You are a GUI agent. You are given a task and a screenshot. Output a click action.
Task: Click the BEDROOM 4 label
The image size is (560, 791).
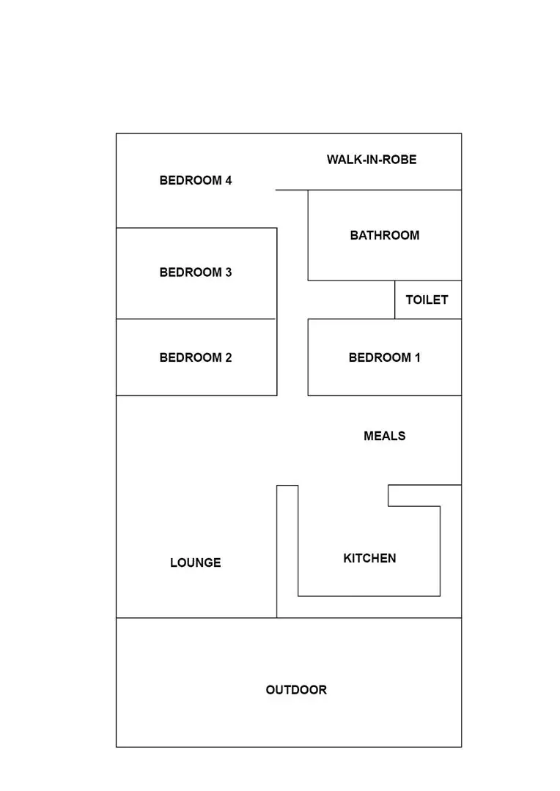196,180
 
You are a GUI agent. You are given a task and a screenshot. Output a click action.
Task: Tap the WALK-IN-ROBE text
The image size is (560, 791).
372,159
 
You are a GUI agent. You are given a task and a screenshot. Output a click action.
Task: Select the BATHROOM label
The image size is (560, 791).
384,235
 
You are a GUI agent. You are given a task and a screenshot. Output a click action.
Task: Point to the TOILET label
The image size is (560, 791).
427,300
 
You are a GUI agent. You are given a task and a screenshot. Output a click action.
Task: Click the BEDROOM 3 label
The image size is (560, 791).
196,272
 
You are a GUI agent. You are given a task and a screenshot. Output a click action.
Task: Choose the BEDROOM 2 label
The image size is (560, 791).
196,357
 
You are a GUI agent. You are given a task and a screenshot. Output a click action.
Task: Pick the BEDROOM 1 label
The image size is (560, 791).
384,357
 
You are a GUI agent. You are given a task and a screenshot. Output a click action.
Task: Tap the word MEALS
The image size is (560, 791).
384,436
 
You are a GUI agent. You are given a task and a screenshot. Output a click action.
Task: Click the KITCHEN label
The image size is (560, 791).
369,558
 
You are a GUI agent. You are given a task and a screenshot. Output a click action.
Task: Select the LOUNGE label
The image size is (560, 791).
195,562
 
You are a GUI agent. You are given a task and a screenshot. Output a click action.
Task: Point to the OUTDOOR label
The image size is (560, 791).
296,690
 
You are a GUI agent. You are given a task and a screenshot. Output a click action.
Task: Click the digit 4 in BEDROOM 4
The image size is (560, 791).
228,180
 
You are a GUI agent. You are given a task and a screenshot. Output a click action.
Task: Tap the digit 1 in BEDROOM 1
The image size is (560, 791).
417,357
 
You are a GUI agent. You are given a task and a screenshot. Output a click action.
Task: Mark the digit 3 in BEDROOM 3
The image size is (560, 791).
228,272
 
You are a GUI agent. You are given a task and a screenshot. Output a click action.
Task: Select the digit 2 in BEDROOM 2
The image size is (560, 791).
228,357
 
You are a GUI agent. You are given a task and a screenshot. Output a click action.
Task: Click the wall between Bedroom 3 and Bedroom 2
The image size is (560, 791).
196,319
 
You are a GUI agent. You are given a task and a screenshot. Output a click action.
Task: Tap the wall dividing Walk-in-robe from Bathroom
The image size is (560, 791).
384,190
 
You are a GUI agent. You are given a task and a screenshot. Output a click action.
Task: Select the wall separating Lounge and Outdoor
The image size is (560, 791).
196,618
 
